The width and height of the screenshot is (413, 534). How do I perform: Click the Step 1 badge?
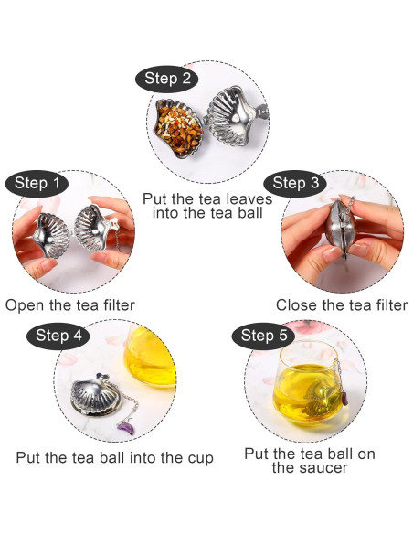(38, 183)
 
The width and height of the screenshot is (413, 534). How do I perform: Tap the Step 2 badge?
(167, 79)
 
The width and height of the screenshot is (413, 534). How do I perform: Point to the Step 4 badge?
(58, 336)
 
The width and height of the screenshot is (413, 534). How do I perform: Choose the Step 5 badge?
(264, 336)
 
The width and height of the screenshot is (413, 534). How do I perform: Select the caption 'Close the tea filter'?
(342, 304)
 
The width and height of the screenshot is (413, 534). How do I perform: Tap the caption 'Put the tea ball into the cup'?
(115, 457)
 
